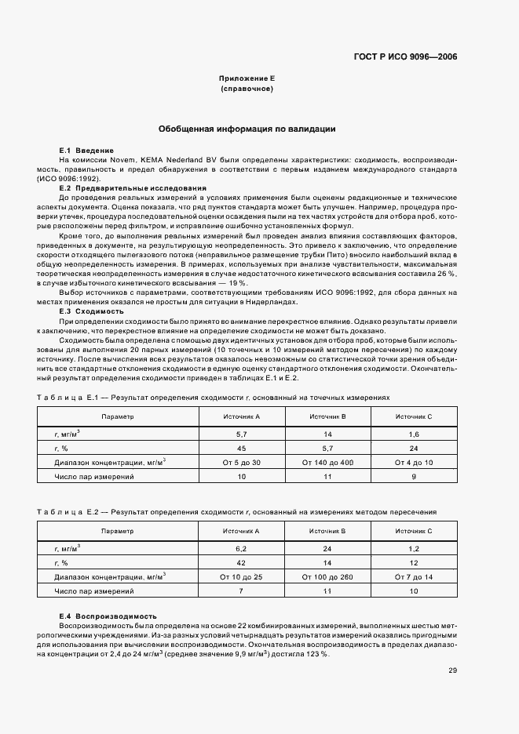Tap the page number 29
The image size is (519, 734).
click(x=453, y=670)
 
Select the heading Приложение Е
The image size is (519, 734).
click(x=247, y=79)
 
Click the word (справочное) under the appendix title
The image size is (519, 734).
click(x=247, y=89)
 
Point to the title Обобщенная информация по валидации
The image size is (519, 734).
click(x=247, y=129)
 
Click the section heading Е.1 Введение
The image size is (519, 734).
click(x=86, y=150)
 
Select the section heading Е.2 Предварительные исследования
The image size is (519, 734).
click(x=133, y=188)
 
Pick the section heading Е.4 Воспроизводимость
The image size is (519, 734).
click(x=108, y=616)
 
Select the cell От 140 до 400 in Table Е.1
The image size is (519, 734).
click(x=327, y=463)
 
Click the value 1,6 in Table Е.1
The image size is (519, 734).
click(x=414, y=434)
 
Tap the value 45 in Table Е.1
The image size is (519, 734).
click(x=241, y=449)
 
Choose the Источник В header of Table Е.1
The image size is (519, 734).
click(x=327, y=416)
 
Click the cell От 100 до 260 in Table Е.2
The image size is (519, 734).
click(x=327, y=576)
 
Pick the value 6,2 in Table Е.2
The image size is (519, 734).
click(x=241, y=547)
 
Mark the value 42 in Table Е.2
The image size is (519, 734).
click(x=241, y=561)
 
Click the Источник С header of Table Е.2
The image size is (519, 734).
click(x=414, y=531)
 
